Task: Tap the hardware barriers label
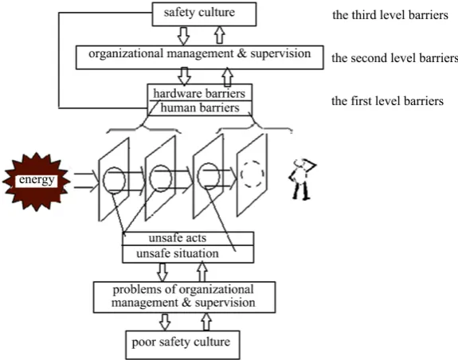click(x=199, y=94)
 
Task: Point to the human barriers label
click(x=200, y=108)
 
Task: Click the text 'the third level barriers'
click(x=390, y=15)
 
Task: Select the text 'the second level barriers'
click(x=394, y=58)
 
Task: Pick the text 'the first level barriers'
click(x=387, y=101)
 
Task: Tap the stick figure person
click(x=302, y=179)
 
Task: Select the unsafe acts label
click(x=178, y=238)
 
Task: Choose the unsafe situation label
click(x=178, y=253)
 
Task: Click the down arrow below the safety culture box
click(x=184, y=36)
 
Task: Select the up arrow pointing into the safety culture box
click(x=220, y=35)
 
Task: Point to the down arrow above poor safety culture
click(x=165, y=322)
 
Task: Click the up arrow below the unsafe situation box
click(x=202, y=272)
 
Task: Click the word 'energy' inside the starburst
click(x=37, y=179)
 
